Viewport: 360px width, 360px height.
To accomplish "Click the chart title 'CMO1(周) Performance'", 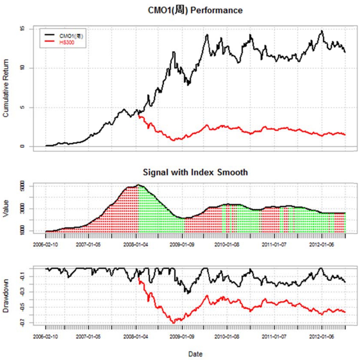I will coord(195,10).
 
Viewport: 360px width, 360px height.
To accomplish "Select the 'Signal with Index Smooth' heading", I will coord(195,172).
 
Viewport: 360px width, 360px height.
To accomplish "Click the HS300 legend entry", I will coord(67,42).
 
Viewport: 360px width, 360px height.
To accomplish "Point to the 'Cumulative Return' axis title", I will coord(6,88).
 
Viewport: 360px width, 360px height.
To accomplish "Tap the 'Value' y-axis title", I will coord(6,208).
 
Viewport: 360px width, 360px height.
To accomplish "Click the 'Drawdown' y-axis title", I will coord(6,296).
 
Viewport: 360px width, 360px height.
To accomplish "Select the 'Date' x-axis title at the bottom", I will coord(195,354).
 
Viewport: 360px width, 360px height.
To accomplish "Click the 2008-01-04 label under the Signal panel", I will coord(136,245).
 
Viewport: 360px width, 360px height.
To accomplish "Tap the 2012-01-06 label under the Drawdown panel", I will coord(321,337).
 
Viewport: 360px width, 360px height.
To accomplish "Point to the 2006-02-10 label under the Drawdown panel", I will coord(45,337).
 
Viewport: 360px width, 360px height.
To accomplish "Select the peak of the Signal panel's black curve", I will coord(138,185).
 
